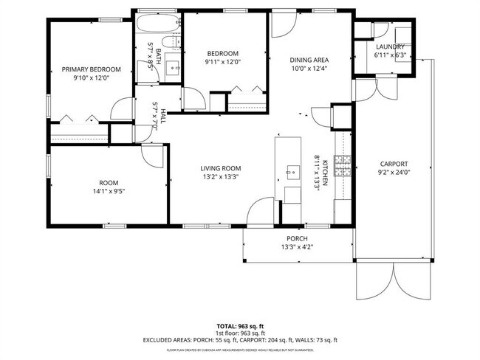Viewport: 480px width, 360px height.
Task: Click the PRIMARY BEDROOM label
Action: (x=90, y=69)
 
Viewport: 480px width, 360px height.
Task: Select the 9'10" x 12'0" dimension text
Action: (x=90, y=78)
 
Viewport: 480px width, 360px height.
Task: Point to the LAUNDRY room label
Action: (x=389, y=46)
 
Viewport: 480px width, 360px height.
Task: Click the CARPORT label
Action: (x=394, y=164)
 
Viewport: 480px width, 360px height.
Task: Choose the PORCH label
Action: (x=297, y=238)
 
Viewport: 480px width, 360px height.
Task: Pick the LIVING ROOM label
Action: (x=221, y=168)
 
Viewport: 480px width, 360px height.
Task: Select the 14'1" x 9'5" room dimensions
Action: (x=109, y=191)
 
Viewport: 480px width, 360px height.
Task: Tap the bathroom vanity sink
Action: (x=174, y=67)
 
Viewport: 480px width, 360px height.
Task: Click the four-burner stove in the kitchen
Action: (x=341, y=167)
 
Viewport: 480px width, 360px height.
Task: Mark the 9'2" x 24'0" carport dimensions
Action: (x=394, y=173)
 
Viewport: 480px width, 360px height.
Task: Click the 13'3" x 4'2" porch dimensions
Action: (x=297, y=247)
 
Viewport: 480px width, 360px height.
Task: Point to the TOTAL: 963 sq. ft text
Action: (x=240, y=325)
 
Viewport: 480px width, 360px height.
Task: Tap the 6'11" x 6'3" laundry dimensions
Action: (x=389, y=55)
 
